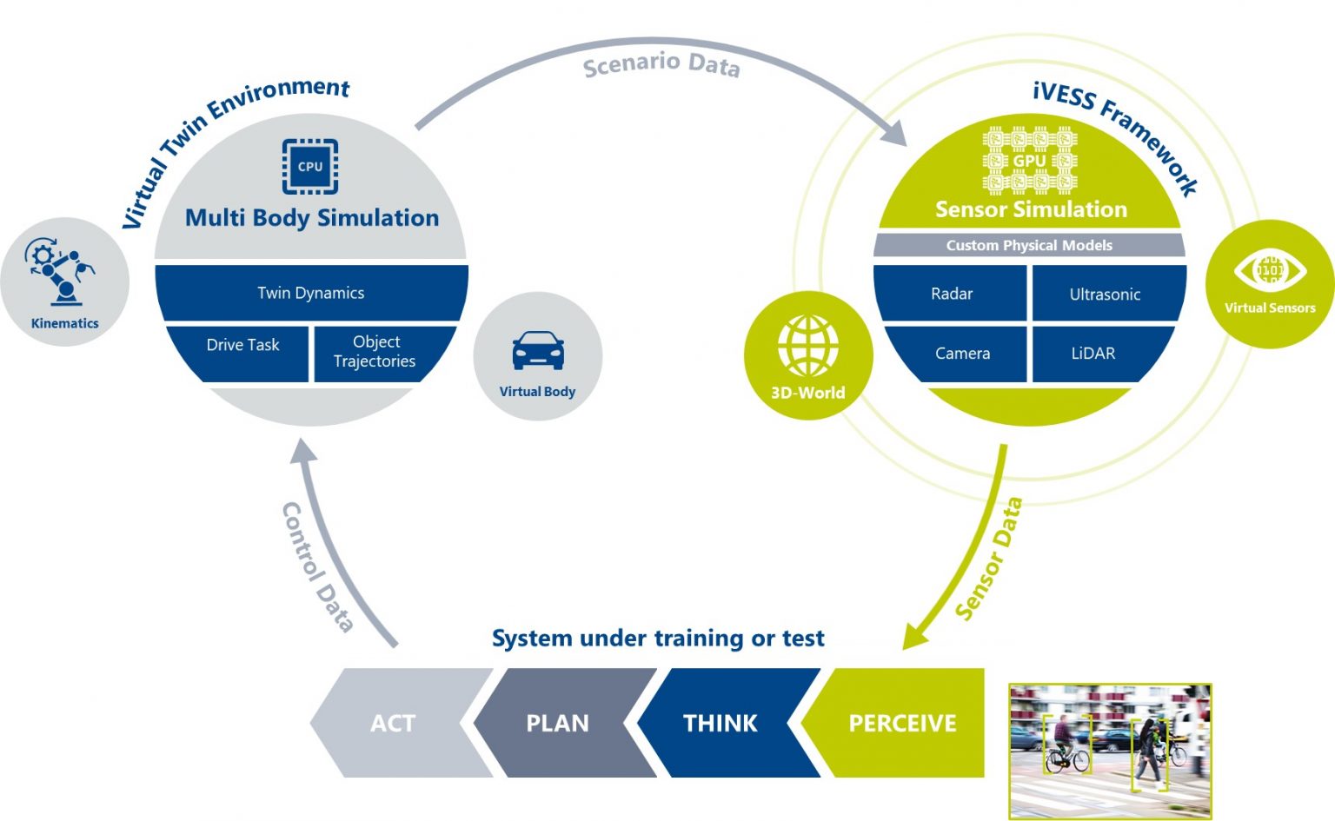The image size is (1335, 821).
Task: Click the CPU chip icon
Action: [310, 166]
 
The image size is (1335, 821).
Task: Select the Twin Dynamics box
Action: [311, 293]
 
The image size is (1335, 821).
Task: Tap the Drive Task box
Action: [242, 345]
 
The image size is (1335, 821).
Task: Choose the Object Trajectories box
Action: [375, 352]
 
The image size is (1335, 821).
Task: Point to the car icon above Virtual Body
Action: [537, 350]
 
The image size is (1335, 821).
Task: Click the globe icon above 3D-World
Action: [808, 346]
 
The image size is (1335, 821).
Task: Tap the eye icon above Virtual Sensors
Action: [1270, 270]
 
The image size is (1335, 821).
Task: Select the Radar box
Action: [952, 294]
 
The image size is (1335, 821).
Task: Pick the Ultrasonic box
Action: [1105, 295]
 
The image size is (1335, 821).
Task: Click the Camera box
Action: [962, 354]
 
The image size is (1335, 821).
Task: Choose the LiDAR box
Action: [1093, 354]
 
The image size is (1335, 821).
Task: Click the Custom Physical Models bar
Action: [1029, 245]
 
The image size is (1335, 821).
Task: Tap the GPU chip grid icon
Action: [1030, 161]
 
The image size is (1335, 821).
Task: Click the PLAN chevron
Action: [557, 723]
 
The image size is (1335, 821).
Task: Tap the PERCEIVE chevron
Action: [902, 723]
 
